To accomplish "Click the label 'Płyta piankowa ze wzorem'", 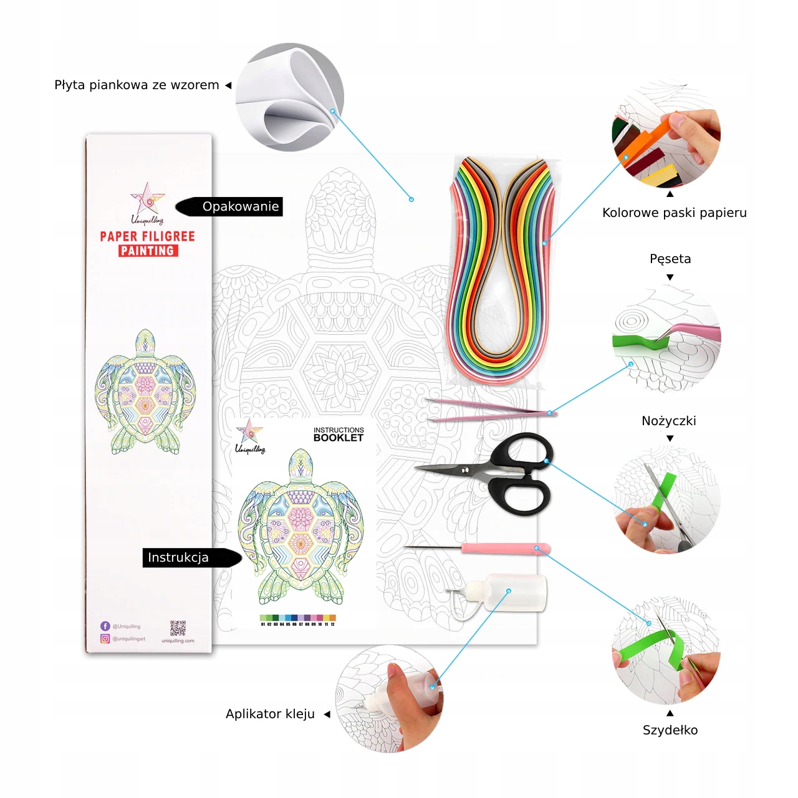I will pyautogui.click(x=137, y=85).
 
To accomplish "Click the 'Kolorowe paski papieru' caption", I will pyautogui.click(x=674, y=213).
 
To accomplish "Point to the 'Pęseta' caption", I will pyautogui.click(x=670, y=259).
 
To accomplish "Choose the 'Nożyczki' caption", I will pyautogui.click(x=668, y=421).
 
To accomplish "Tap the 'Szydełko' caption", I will pyautogui.click(x=670, y=730).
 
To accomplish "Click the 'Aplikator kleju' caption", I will pyautogui.click(x=270, y=714).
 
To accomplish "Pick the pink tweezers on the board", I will pyautogui.click(x=486, y=411).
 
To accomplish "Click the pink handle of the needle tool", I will pyautogui.click(x=505, y=549).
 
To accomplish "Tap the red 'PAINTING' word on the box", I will pyautogui.click(x=148, y=251).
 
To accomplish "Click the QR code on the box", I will pyautogui.click(x=178, y=628).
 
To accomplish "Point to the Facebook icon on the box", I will pyautogui.click(x=105, y=626).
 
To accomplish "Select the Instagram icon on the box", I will pyautogui.click(x=105, y=638).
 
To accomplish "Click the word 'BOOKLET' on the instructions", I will pyautogui.click(x=338, y=438).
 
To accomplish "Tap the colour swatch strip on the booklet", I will pyautogui.click(x=297, y=618).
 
